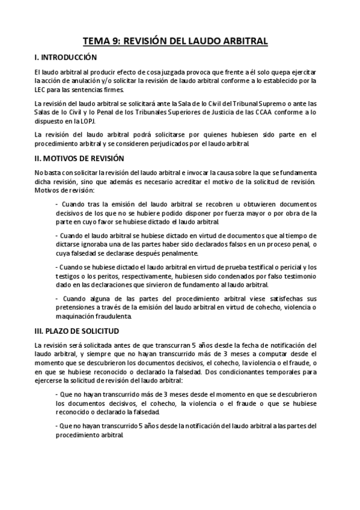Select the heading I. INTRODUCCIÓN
coord(66,58)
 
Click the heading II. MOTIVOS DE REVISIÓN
coord(79,159)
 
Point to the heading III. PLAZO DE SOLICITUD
coord(77,331)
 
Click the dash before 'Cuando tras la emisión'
coord(56,204)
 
